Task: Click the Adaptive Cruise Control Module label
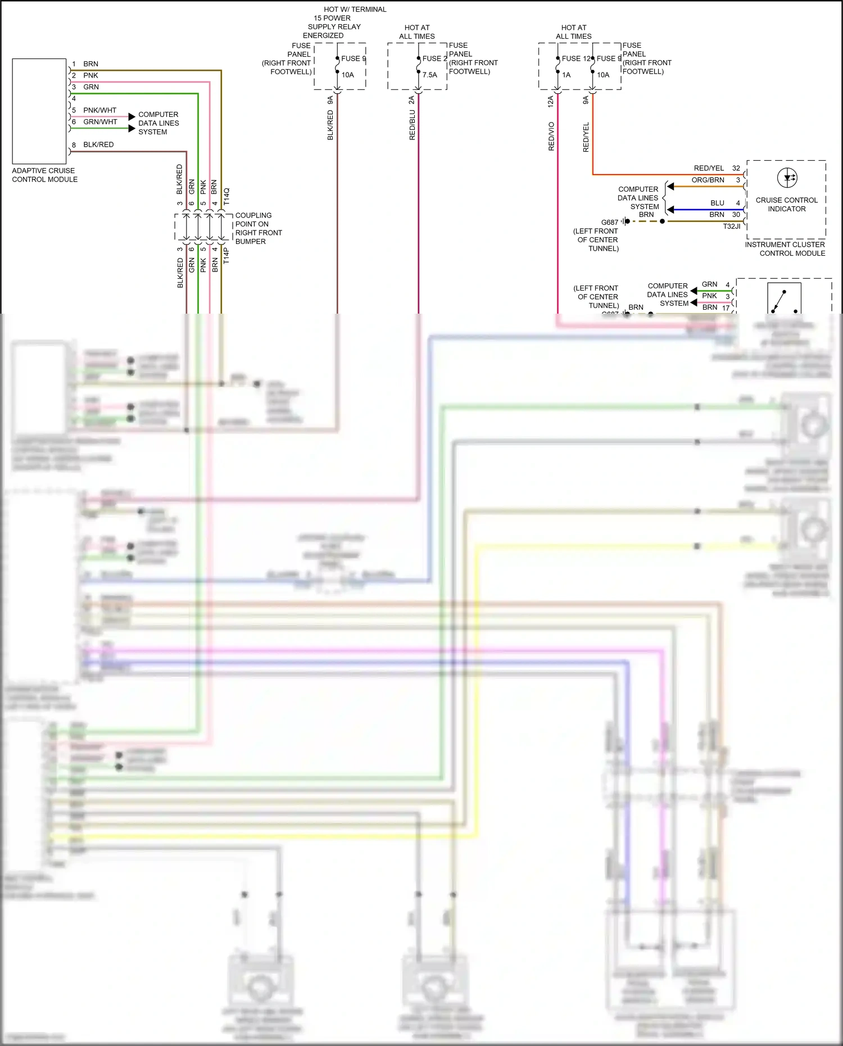click(44, 175)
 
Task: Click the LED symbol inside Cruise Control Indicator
click(787, 178)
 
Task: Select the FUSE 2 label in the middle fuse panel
click(434, 58)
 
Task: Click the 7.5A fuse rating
click(430, 75)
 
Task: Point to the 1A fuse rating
click(566, 75)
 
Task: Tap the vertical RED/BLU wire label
click(413, 125)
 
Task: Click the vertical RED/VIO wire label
click(551, 136)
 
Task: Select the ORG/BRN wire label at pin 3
click(708, 180)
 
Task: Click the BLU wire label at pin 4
click(717, 203)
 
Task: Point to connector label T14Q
click(226, 196)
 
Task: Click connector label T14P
click(226, 255)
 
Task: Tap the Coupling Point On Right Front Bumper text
click(258, 228)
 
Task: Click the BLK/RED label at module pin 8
click(98, 144)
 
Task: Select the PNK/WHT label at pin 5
click(100, 110)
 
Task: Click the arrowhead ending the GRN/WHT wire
click(132, 128)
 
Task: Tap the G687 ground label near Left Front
click(609, 222)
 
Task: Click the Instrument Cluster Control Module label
click(785, 248)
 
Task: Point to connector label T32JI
click(731, 226)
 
